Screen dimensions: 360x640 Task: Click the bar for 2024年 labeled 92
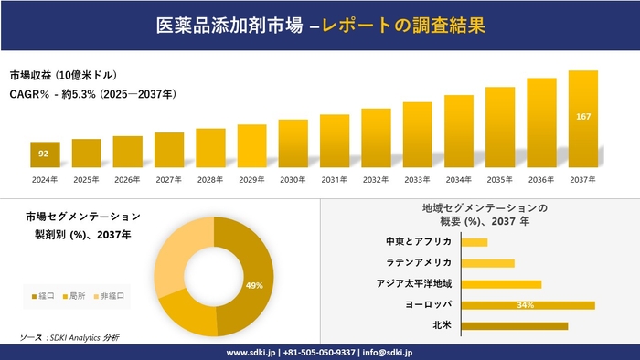click(45, 154)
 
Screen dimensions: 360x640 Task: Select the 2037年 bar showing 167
click(582, 119)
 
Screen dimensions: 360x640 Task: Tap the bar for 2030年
click(293, 143)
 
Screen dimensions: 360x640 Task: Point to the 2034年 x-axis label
click(458, 179)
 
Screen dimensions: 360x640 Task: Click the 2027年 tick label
click(169, 179)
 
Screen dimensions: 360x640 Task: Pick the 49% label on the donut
click(254, 285)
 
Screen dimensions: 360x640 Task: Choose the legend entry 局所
click(76, 296)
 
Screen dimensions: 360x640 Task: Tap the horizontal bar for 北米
click(514, 325)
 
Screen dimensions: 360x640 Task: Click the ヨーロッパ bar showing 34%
click(528, 304)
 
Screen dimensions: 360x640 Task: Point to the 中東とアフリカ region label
click(419, 241)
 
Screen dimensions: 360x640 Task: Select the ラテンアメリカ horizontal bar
click(487, 263)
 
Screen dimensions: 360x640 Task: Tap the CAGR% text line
click(92, 94)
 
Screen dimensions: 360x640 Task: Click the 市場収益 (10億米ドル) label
click(63, 75)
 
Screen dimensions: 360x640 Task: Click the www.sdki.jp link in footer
click(251, 352)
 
